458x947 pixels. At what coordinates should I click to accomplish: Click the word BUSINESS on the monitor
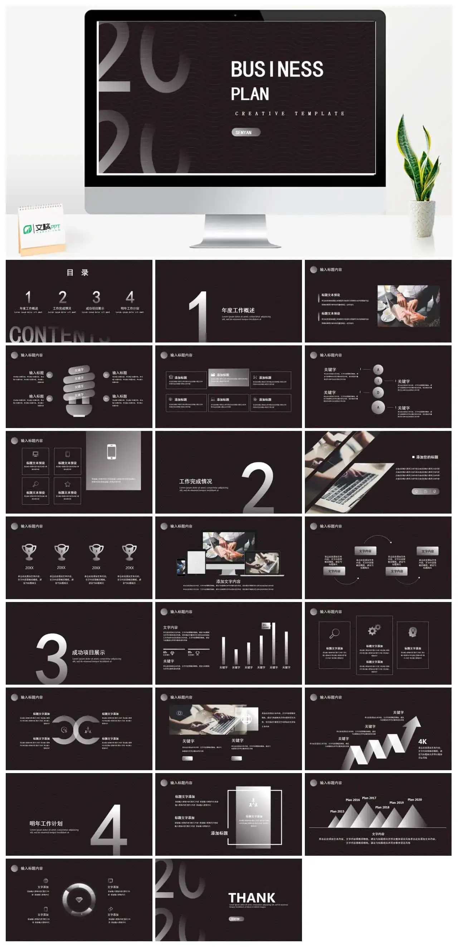277,69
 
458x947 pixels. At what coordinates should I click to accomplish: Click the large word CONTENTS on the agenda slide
59,334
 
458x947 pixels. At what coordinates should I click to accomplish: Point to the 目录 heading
78,272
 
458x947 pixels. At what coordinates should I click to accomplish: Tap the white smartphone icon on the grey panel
111,451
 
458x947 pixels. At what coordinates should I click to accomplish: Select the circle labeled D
378,393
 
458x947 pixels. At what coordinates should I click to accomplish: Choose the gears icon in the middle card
374,631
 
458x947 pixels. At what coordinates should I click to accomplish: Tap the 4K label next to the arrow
422,742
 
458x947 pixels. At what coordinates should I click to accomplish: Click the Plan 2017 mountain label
369,798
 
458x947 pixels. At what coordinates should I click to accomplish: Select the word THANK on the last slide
252,897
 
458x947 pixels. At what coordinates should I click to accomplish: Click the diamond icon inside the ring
79,899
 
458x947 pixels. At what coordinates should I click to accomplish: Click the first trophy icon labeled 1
29,552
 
